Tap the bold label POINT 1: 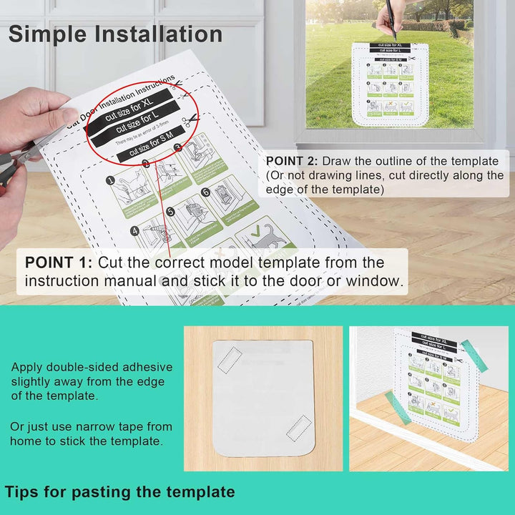(x=59, y=263)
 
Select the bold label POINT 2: (x=293, y=161)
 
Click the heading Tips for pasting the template (x=119, y=492)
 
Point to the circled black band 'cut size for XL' (x=129, y=106)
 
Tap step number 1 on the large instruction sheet (x=112, y=182)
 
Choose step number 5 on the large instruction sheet (x=170, y=212)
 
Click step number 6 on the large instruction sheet (x=205, y=192)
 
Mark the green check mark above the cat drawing (x=257, y=232)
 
